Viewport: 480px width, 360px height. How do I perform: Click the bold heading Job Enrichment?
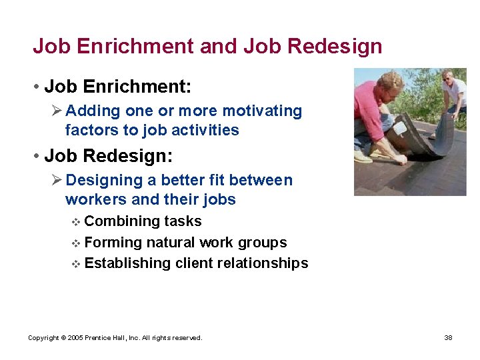tap(117, 87)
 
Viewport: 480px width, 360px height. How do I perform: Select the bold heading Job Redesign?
tap(108, 156)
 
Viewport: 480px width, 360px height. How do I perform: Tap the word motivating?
tap(262, 111)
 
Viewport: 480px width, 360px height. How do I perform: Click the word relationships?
tap(265, 263)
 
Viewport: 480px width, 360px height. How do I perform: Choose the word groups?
tap(264, 243)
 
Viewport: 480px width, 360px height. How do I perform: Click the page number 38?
tap(448, 338)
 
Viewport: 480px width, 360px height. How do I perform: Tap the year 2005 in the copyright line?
tap(76, 338)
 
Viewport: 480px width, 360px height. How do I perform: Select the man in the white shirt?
tap(455, 97)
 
